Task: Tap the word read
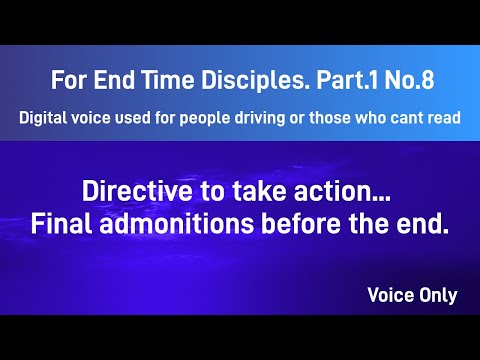coord(442,117)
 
